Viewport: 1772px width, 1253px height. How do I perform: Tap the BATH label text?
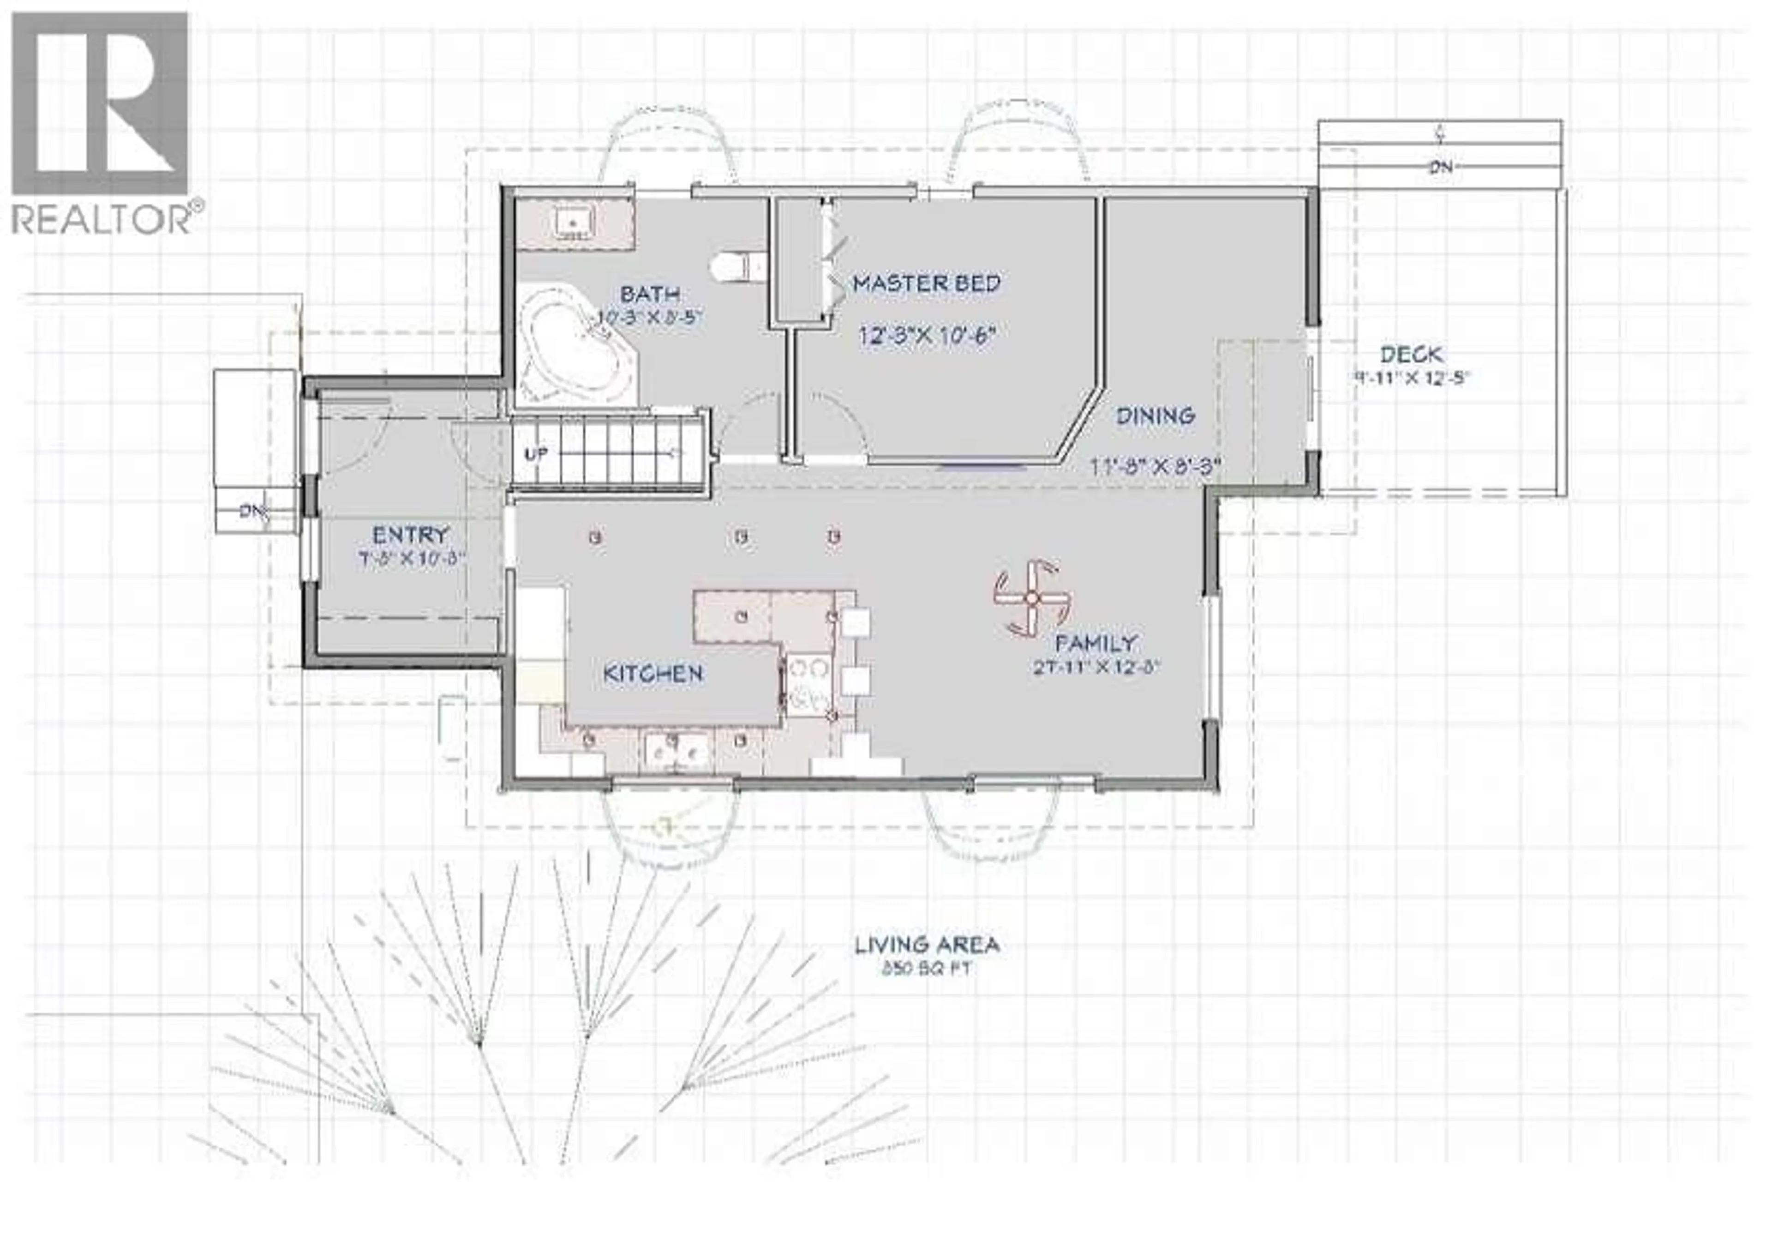pos(650,294)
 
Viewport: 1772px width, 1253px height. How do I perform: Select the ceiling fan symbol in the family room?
pos(1030,598)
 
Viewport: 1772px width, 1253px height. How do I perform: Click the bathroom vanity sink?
pos(574,224)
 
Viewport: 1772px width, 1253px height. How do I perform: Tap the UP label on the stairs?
pos(536,454)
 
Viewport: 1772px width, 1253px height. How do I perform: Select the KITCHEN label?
pos(653,673)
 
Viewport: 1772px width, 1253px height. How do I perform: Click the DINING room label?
pos(1155,416)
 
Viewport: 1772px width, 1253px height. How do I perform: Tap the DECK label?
pos(1411,355)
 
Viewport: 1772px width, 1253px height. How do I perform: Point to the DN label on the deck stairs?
pos(1440,167)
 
